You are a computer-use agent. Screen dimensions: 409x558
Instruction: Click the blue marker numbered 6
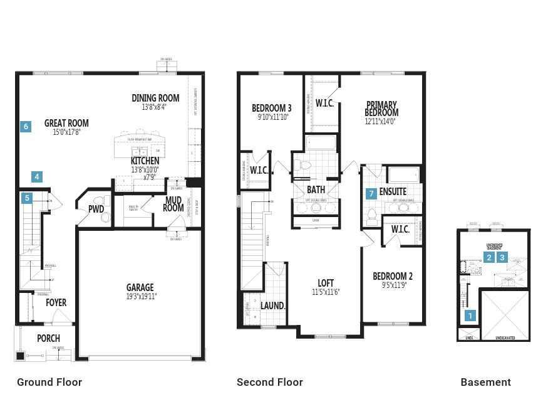click(x=26, y=127)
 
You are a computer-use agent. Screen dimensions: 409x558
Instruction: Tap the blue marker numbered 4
click(x=37, y=177)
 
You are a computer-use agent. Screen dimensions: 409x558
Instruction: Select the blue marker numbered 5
click(x=27, y=199)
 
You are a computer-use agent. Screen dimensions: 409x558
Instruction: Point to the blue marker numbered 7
click(x=371, y=194)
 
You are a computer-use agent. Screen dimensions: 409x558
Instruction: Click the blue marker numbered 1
click(x=470, y=316)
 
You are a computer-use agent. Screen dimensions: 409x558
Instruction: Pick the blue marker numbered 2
click(x=489, y=257)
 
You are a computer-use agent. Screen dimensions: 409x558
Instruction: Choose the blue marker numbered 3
click(x=502, y=257)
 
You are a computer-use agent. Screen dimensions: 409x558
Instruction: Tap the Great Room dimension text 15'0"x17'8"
click(x=66, y=132)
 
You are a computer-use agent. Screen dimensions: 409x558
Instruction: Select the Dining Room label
click(x=155, y=98)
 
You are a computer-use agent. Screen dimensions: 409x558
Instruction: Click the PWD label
click(x=96, y=209)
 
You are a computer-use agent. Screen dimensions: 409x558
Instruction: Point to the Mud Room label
click(x=173, y=204)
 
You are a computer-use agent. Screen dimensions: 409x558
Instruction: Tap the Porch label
click(x=48, y=339)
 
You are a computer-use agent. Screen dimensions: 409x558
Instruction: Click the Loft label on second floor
click(x=326, y=284)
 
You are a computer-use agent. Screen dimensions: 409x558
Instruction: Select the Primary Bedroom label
click(x=381, y=109)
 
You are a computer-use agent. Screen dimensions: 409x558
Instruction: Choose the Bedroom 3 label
click(x=272, y=108)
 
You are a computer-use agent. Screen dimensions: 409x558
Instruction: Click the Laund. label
click(x=273, y=306)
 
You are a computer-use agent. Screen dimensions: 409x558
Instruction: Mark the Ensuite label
click(x=393, y=191)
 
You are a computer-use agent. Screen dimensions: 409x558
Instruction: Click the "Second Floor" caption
click(x=270, y=382)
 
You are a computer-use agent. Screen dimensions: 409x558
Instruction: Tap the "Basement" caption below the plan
click(x=485, y=382)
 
